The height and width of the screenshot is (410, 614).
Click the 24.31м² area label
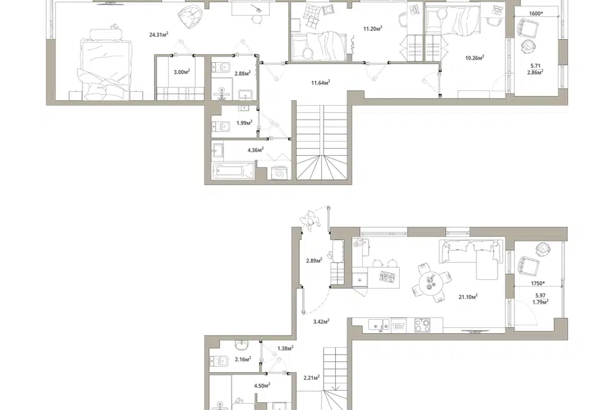(159, 35)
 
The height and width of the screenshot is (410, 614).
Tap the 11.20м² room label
(372, 28)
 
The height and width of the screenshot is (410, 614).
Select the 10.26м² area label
(475, 58)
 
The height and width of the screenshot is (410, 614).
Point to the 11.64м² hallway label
(320, 83)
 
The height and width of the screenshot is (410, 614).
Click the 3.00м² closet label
(182, 72)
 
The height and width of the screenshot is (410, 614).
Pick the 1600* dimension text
(536, 13)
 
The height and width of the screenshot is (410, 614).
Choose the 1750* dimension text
(538, 283)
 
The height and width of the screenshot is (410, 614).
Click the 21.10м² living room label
(468, 297)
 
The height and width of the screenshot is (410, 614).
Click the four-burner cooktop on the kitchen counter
(422, 325)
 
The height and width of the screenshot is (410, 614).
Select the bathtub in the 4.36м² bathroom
(233, 171)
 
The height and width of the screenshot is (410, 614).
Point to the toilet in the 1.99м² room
(221, 127)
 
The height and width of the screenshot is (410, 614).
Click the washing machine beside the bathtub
(280, 172)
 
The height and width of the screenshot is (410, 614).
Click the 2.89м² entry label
(314, 260)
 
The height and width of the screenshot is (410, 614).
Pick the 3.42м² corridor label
(321, 322)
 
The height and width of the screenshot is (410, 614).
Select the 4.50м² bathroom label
(262, 386)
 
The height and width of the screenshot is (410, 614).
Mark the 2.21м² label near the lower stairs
(311, 378)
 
